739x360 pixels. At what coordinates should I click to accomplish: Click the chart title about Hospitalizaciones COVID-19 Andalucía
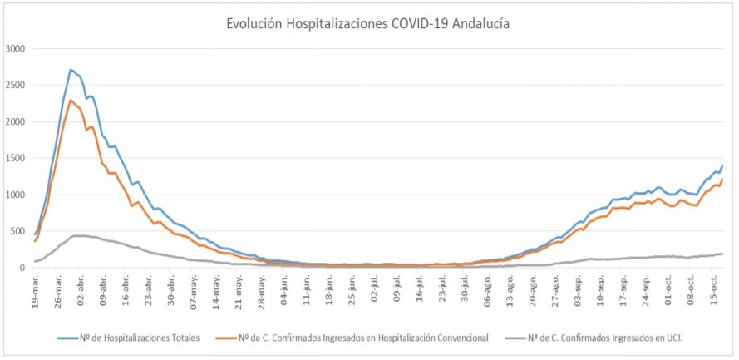coord(368,24)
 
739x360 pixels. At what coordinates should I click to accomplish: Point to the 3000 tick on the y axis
coord(16,49)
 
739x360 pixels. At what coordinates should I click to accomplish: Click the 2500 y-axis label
coord(16,86)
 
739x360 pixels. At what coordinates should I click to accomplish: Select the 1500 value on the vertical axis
coord(16,158)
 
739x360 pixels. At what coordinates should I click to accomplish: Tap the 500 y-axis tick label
coord(19,231)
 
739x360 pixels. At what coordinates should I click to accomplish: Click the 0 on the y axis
coord(24,268)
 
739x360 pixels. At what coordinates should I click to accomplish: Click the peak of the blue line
coord(71,70)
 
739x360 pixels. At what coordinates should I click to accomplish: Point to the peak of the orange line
coord(71,101)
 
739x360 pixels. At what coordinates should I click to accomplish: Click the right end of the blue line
coord(722,165)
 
